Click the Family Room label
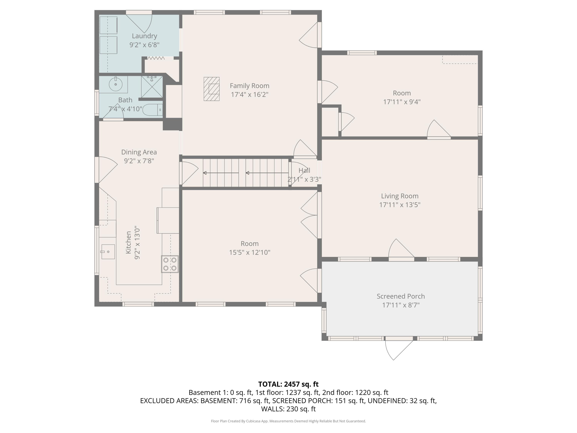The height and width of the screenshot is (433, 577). (249, 86)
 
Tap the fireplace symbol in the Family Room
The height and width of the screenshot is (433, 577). (212, 89)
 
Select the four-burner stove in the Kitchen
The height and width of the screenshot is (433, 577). (170, 264)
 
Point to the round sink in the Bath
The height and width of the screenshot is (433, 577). (116, 84)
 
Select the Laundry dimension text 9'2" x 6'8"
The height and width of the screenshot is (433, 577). (144, 45)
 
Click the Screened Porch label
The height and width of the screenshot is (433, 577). (401, 296)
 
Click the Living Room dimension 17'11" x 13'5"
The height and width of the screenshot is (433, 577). (400, 205)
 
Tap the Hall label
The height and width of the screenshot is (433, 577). (304, 171)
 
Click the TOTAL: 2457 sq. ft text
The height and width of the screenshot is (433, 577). (288, 384)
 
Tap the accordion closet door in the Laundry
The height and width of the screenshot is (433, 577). (156, 58)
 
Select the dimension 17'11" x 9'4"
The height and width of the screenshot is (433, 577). (402, 102)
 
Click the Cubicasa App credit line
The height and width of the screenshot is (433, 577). (288, 421)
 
